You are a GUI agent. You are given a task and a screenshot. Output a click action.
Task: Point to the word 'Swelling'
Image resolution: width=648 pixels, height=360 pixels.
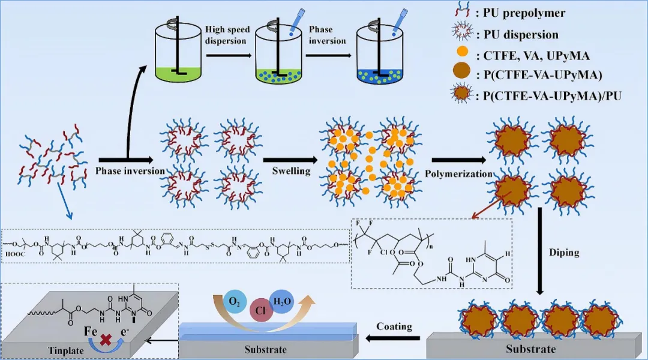291,171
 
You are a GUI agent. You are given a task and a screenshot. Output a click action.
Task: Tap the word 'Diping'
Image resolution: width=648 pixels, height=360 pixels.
564,252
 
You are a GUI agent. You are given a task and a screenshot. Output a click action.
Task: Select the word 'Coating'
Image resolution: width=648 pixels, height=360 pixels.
394,326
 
